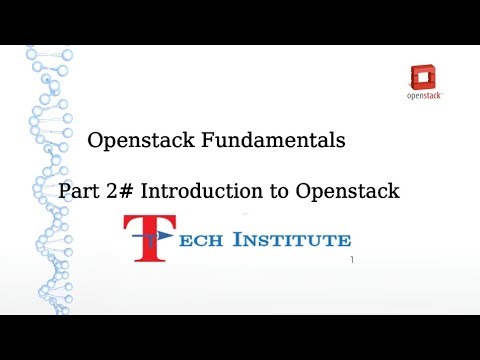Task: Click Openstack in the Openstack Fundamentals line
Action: [146, 142]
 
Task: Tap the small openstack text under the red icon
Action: [427, 97]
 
